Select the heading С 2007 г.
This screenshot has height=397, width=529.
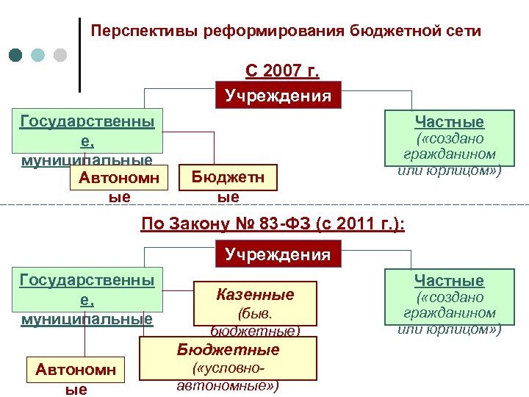pyautogui.click(x=282, y=72)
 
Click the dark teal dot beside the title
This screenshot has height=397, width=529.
pyautogui.click(x=17, y=55)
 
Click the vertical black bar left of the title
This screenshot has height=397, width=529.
pyautogui.click(x=79, y=55)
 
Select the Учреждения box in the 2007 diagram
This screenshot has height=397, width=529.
pyautogui.click(x=278, y=96)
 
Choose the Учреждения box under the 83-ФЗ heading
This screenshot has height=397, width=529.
pyautogui.click(x=278, y=254)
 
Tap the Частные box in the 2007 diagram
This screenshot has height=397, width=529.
pyautogui.click(x=449, y=144)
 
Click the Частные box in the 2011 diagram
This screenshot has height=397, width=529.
pyautogui.click(x=449, y=301)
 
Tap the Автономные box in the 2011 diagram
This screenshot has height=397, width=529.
pyautogui.click(x=76, y=376)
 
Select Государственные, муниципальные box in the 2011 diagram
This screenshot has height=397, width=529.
pyautogui.click(x=87, y=298)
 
